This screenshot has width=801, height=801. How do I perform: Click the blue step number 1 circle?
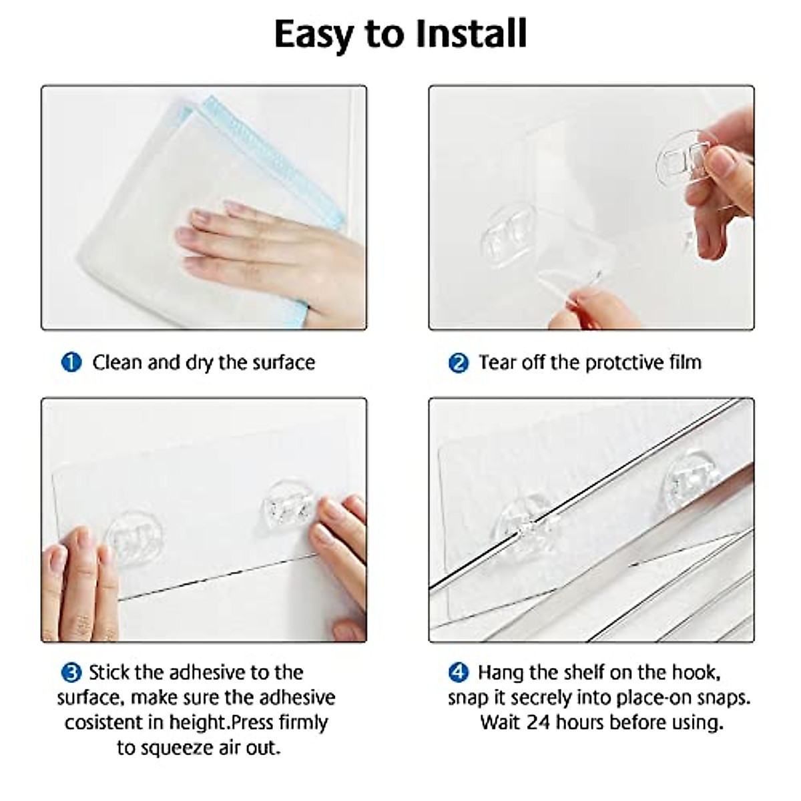pos(71,362)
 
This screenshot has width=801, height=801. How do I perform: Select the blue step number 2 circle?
pos(458,363)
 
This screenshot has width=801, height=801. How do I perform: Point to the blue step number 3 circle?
pos(71,672)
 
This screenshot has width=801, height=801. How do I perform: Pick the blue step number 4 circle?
pos(458,672)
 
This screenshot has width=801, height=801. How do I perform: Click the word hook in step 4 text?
pos(695,672)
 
